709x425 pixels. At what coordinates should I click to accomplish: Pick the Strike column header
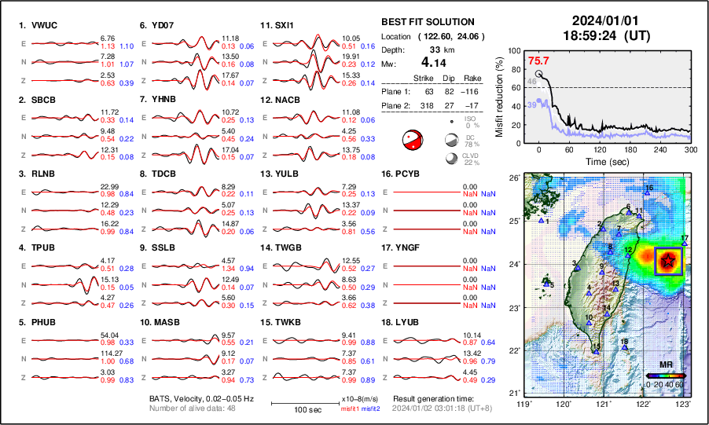coord(424,78)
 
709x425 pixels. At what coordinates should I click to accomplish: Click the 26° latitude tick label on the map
coord(512,178)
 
